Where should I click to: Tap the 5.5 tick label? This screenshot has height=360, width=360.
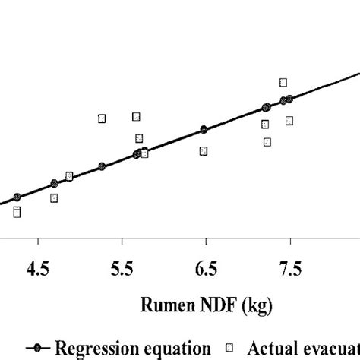point(122,268)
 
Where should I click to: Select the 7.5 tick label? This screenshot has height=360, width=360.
point(291,268)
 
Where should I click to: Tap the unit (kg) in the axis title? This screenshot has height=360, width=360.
point(255,306)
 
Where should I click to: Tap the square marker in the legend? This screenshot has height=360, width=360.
point(228,347)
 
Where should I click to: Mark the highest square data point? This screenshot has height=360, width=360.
point(283,82)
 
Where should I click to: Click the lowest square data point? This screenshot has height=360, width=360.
point(17,213)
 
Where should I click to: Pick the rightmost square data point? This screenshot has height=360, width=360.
point(289,121)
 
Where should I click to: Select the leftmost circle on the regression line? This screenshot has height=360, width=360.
point(17,197)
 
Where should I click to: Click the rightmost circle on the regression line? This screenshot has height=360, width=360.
point(289,98)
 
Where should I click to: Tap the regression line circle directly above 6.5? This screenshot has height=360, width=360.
point(204,129)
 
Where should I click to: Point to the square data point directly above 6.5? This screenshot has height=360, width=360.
point(204,151)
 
